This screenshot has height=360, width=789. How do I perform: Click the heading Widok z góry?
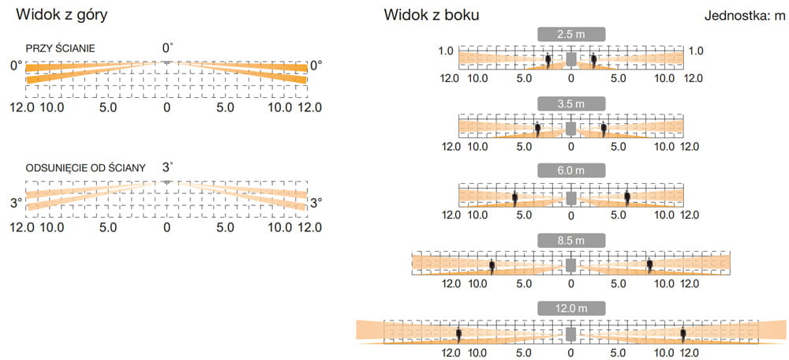click(62, 15)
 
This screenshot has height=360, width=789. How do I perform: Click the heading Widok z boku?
click(432, 15)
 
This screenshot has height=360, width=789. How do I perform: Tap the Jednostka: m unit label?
click(745, 16)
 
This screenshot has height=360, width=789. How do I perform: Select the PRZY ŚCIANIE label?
click(61, 49)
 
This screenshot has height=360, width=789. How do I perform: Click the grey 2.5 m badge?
click(570, 35)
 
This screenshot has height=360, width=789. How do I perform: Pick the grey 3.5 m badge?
click(570, 103)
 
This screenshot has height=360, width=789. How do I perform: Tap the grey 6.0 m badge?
click(570, 171)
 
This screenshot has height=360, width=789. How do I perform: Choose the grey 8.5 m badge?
click(570, 240)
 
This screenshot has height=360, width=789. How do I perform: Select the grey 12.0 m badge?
click(570, 308)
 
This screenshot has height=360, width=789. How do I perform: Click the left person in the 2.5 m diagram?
click(548, 61)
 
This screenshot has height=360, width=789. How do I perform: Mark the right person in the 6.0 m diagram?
click(627, 198)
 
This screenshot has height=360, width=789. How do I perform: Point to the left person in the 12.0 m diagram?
click(459, 335)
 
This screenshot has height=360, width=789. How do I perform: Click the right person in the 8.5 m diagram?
click(649, 266)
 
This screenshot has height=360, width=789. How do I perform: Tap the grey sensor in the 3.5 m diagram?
click(570, 129)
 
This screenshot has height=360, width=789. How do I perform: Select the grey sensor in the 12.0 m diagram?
click(570, 334)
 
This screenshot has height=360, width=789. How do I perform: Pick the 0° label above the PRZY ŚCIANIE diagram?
click(167, 48)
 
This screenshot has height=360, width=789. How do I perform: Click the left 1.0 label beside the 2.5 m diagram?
click(446, 51)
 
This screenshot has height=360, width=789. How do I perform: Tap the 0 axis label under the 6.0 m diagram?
click(570, 216)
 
